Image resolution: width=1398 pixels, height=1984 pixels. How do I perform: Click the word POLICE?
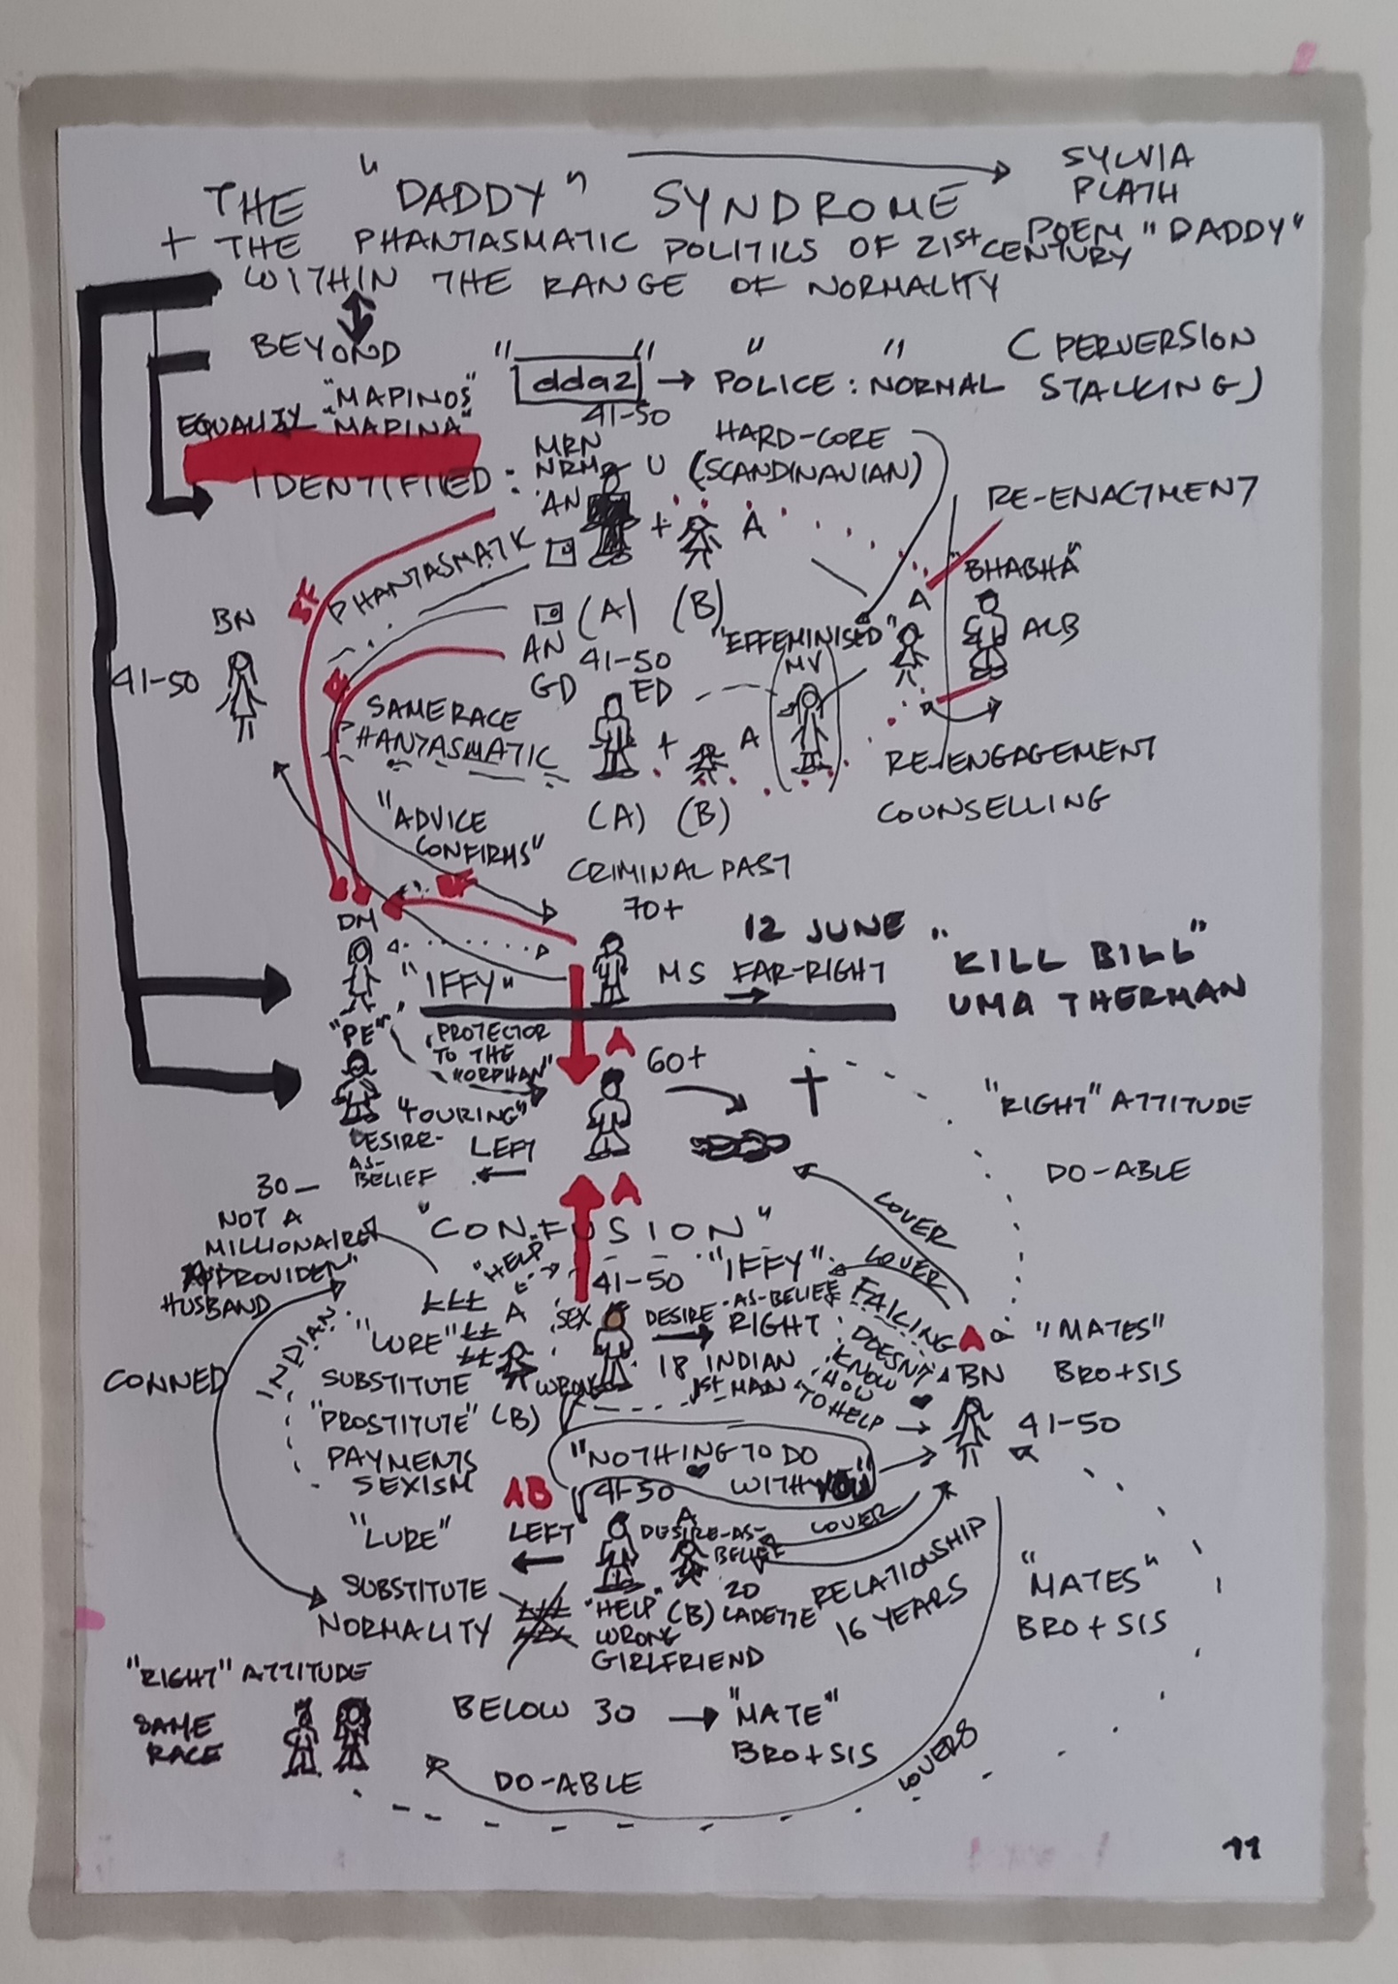773,384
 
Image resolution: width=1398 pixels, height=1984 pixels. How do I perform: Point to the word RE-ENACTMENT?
1121,496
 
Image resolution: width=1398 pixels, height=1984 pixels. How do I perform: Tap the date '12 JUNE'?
823,930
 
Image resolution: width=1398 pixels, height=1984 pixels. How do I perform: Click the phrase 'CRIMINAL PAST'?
678,869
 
